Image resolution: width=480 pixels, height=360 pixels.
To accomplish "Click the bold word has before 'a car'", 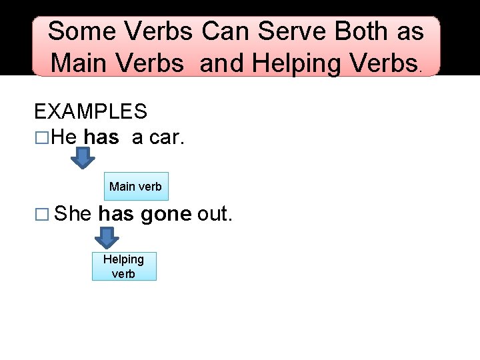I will [x=102, y=138].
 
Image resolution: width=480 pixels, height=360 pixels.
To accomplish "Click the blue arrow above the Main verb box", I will [x=83, y=158].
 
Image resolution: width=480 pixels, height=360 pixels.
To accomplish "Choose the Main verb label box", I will [x=135, y=186].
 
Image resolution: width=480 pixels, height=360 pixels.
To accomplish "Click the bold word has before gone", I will [x=117, y=214].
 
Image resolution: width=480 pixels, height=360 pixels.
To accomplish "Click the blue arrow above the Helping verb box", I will [x=105, y=237].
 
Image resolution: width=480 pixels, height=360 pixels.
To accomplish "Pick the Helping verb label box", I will [x=123, y=266].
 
